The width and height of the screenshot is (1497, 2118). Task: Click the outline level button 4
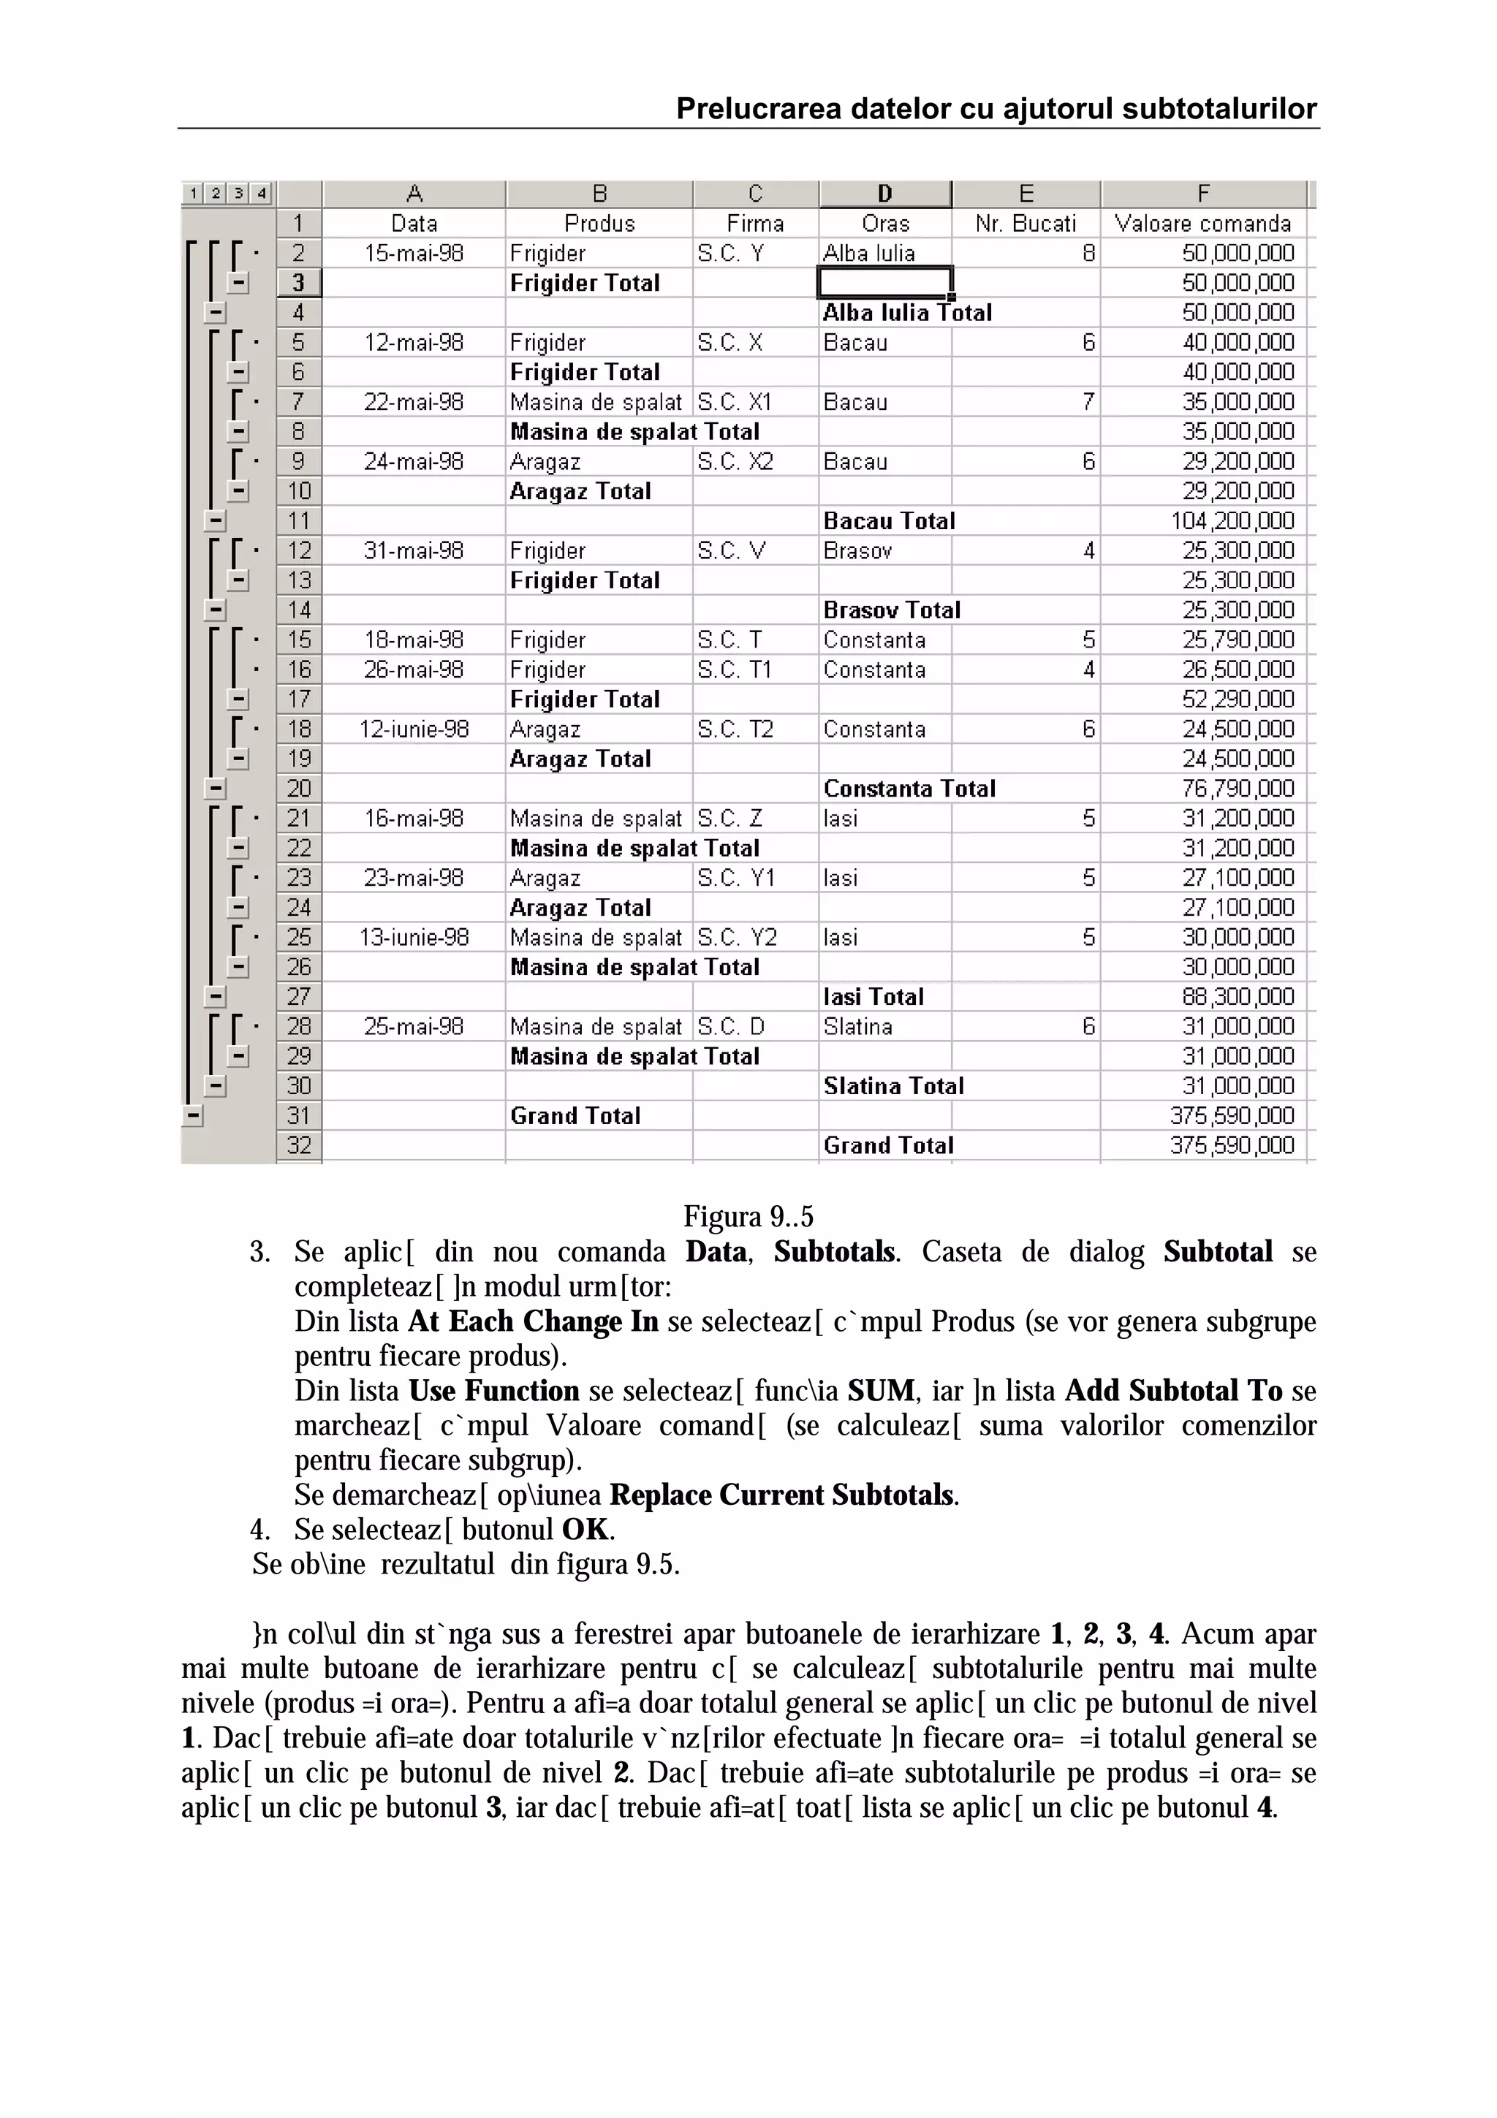point(262,193)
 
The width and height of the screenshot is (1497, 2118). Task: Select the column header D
point(884,194)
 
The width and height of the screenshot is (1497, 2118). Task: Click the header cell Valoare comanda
point(1202,223)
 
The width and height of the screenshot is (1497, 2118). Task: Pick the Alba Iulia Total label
point(906,313)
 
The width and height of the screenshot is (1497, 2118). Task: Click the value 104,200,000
point(1232,521)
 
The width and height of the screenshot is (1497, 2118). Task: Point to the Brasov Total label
point(892,610)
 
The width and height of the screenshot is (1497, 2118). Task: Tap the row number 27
point(299,996)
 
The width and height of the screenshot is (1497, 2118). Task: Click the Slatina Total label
point(892,1086)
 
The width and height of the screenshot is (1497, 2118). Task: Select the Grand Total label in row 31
point(575,1115)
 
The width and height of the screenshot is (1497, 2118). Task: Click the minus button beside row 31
point(193,1115)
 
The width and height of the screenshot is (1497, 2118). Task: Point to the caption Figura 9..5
point(748,1217)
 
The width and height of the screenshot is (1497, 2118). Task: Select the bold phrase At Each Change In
point(533,1321)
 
